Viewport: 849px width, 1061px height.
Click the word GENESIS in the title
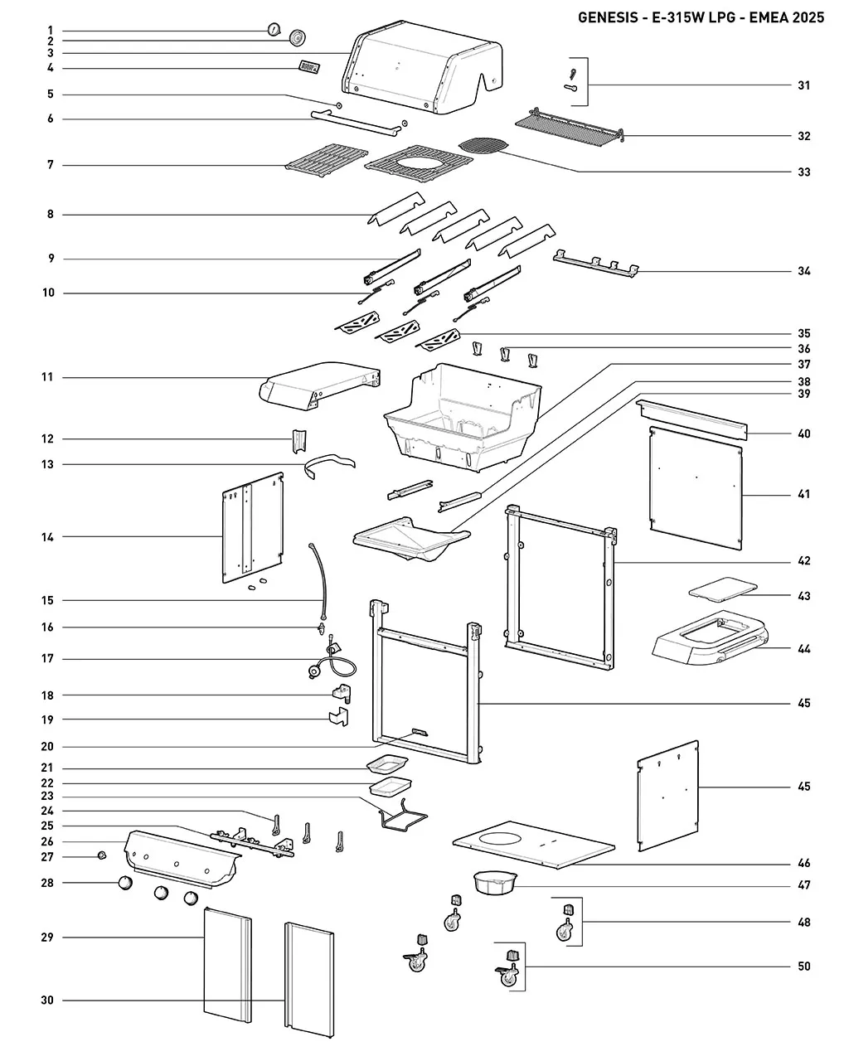click(x=608, y=17)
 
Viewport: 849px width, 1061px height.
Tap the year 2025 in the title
click(x=808, y=17)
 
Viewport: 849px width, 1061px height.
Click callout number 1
click(x=51, y=31)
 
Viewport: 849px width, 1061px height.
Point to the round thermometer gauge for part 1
click(x=274, y=29)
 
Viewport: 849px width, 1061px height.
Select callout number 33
click(x=804, y=172)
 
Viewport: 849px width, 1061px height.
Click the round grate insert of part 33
click(x=484, y=146)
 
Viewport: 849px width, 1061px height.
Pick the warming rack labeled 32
click(x=570, y=126)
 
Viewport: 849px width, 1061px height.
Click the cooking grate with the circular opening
click(x=419, y=163)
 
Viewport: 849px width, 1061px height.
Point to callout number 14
click(x=47, y=537)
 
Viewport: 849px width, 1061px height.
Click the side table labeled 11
click(x=319, y=385)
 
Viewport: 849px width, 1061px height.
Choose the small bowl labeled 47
click(x=495, y=882)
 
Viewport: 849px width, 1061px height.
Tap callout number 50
click(x=804, y=967)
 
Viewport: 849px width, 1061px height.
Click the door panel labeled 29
click(x=227, y=966)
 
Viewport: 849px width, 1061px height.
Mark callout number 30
click(x=47, y=1000)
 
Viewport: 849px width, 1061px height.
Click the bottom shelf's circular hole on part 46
click(x=500, y=838)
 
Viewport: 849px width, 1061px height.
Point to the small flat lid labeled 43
click(x=723, y=589)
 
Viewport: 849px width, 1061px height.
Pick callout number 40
click(x=804, y=434)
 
